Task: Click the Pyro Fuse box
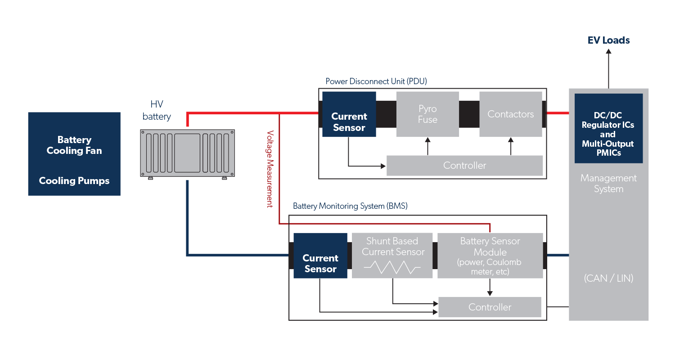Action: pyautogui.click(x=427, y=114)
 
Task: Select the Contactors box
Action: pyautogui.click(x=510, y=114)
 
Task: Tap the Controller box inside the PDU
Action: pyautogui.click(x=464, y=166)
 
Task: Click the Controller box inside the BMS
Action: pyautogui.click(x=490, y=307)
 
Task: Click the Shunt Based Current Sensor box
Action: pyautogui.click(x=392, y=247)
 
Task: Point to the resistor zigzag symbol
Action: pyautogui.click(x=392, y=268)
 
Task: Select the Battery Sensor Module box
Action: pyautogui.click(x=490, y=255)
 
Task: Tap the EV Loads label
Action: pyautogui.click(x=608, y=40)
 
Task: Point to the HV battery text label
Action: pyautogui.click(x=157, y=111)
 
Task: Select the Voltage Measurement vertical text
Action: pyautogui.click(x=270, y=169)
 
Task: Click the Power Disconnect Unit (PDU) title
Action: pyautogui.click(x=376, y=81)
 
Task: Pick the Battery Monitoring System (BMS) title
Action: pyautogui.click(x=350, y=206)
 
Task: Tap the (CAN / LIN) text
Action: pyautogui.click(x=608, y=279)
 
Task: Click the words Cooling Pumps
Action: pyautogui.click(x=74, y=181)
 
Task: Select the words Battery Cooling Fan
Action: pyautogui.click(x=74, y=145)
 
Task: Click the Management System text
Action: pyautogui.click(x=608, y=184)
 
